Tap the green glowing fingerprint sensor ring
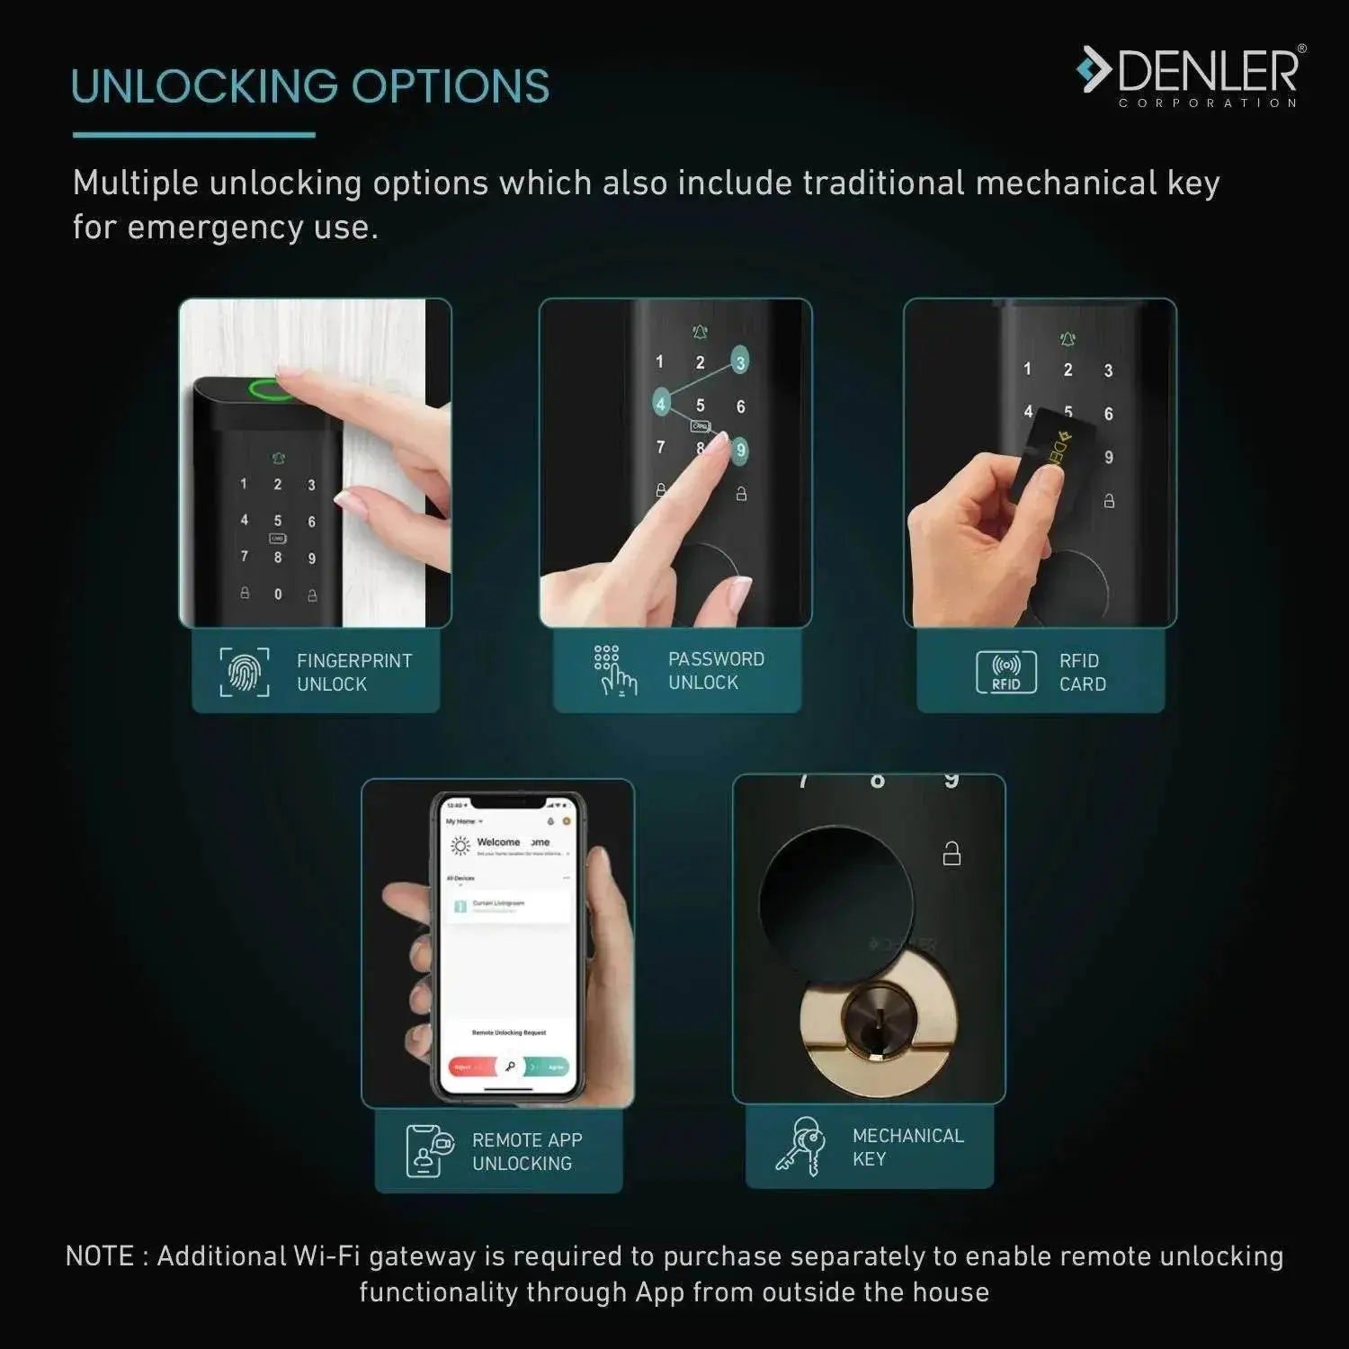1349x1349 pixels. [x=272, y=389]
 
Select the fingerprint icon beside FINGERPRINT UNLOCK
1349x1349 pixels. [x=244, y=672]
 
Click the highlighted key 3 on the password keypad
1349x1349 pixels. [x=740, y=362]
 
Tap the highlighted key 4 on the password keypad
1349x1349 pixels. [x=661, y=404]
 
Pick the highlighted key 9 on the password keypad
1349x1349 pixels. [x=740, y=450]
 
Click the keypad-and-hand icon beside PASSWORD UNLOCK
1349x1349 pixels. [x=613, y=671]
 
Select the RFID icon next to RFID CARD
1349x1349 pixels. [x=1005, y=672]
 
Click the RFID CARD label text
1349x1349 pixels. [x=1082, y=672]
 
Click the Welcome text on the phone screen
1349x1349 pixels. [x=498, y=842]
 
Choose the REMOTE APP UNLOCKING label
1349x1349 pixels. [x=527, y=1151]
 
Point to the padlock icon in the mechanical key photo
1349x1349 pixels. [x=951, y=853]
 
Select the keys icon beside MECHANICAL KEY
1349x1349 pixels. [x=800, y=1147]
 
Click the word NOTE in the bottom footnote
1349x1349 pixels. [x=99, y=1255]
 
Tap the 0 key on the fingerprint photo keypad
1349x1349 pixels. [x=278, y=594]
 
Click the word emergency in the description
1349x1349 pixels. [x=215, y=228]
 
